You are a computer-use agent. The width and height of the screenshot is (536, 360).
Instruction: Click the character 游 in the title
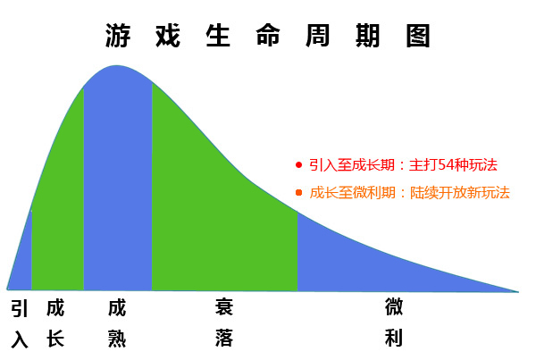(118, 36)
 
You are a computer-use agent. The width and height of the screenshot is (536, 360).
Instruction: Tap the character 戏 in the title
(168, 36)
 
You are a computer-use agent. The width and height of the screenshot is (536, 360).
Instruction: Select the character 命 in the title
(268, 36)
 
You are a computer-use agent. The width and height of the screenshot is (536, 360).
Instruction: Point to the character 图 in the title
(418, 36)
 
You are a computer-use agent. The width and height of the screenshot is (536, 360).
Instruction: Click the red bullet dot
(298, 165)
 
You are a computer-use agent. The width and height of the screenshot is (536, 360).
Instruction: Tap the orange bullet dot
(298, 193)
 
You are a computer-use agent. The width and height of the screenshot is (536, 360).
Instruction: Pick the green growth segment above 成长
(57, 205)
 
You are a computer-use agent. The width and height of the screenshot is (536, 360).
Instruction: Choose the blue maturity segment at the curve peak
(118, 178)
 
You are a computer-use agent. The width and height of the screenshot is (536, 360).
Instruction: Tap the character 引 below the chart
(20, 308)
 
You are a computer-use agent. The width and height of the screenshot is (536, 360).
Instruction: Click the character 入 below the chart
(20, 339)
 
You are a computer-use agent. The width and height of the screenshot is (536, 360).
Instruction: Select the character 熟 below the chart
(117, 339)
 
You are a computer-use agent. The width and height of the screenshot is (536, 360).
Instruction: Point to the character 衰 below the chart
(224, 306)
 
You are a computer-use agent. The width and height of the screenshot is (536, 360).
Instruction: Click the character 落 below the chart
(224, 338)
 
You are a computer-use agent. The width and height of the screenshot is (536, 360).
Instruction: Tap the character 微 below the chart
(393, 306)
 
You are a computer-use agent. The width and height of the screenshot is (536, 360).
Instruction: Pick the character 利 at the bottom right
(393, 338)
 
